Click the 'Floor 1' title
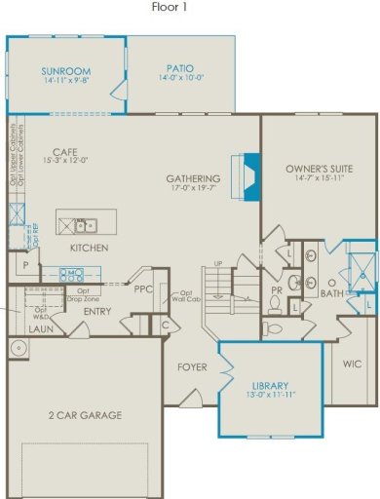pyautogui.click(x=169, y=8)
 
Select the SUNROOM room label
pyautogui.click(x=65, y=71)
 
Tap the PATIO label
pyautogui.click(x=181, y=69)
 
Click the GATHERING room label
pyautogui.click(x=193, y=179)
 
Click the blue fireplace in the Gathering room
pyautogui.click(x=248, y=176)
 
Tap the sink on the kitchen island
pyautogui.click(x=84, y=226)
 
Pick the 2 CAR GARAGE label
pyautogui.click(x=85, y=415)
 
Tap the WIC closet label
pyautogui.click(x=352, y=364)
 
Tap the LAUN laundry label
pyautogui.click(x=40, y=329)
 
